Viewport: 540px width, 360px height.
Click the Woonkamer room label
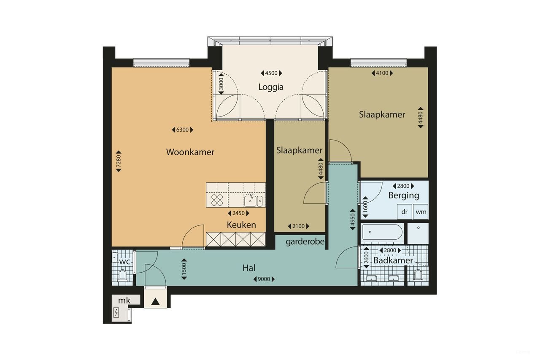point(190,152)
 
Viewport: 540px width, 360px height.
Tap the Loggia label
point(271,87)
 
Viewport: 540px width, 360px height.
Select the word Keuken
point(241,225)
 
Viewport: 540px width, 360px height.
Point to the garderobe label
point(305,242)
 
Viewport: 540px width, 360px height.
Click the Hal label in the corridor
point(249,268)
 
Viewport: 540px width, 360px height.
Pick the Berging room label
point(404,195)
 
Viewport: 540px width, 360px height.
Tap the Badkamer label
point(393,260)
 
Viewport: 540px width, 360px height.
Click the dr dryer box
point(404,212)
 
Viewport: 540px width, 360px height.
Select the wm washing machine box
point(421,212)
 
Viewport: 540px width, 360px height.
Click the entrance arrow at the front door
point(155,301)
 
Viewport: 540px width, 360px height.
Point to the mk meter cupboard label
point(123,300)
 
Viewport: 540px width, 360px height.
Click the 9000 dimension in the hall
point(264,279)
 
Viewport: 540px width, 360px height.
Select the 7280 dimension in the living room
point(119,161)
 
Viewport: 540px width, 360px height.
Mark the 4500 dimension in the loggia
point(271,73)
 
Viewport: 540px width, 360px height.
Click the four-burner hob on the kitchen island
point(217,200)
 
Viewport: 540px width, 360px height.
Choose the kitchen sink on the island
point(253,200)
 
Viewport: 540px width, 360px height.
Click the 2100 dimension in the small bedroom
point(298,227)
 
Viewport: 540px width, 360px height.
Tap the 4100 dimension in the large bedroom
point(382,73)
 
